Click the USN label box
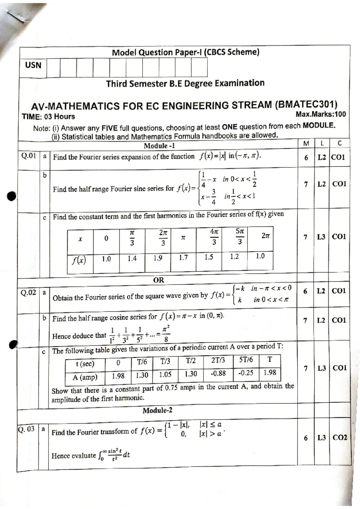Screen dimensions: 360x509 33,65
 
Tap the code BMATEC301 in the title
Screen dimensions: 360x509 306,105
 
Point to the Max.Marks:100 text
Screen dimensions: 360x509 321,114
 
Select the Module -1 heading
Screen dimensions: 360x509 159,146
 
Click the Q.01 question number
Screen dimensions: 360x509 28,156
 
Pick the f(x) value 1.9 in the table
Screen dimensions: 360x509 158,258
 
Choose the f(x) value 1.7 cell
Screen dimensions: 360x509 183,258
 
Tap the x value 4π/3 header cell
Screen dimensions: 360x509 214,237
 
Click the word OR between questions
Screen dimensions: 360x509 158,280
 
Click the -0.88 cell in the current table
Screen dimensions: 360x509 218,373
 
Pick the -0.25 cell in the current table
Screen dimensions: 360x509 246,373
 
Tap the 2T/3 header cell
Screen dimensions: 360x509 218,360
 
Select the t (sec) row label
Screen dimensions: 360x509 85,364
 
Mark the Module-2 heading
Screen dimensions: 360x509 157,410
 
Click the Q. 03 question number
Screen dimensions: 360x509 26,429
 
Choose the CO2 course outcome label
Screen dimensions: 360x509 340,437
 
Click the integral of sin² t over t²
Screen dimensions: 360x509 114,455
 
